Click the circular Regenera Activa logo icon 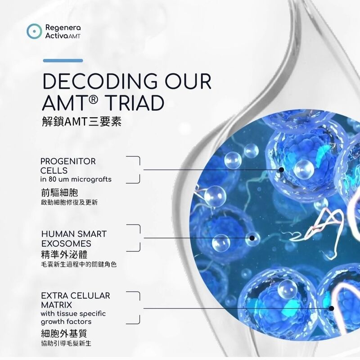(x=34, y=31)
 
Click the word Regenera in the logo (x=63, y=28)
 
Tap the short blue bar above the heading (x=63, y=61)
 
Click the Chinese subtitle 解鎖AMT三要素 (x=81, y=121)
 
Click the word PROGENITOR (x=68, y=161)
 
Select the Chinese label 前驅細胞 (x=60, y=193)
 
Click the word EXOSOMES (x=66, y=243)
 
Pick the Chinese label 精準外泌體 (x=64, y=254)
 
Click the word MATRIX (x=57, y=305)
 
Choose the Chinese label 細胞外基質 (x=64, y=333)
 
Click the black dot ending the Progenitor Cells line (x=282, y=170)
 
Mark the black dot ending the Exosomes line (x=252, y=238)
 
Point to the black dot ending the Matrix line (x=331, y=308)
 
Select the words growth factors (x=66, y=322)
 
